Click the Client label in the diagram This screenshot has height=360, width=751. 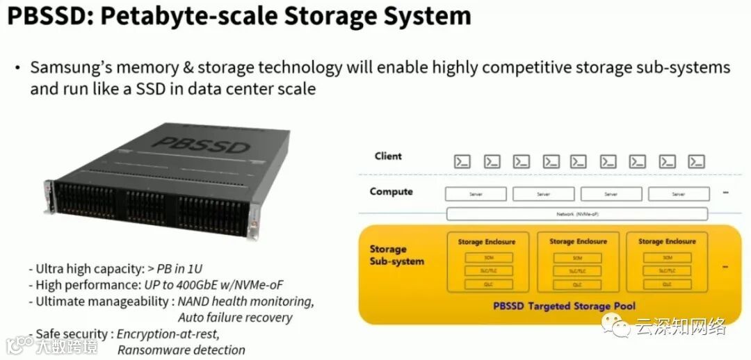[388, 156]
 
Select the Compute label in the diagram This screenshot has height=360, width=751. [391, 192]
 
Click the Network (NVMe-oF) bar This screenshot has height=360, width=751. [576, 214]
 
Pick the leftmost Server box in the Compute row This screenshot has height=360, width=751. [476, 195]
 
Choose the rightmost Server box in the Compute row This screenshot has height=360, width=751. [679, 195]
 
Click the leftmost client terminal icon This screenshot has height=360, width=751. [462, 161]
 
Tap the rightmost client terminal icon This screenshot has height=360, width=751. [696, 161]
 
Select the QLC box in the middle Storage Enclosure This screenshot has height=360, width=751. [578, 284]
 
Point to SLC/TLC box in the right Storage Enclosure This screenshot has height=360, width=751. [666, 270]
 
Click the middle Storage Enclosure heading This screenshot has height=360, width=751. [578, 242]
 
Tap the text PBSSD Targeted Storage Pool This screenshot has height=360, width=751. [564, 306]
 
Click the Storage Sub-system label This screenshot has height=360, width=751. [397, 255]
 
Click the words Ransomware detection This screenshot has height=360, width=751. [181, 350]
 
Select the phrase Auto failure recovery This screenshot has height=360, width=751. [234, 317]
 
